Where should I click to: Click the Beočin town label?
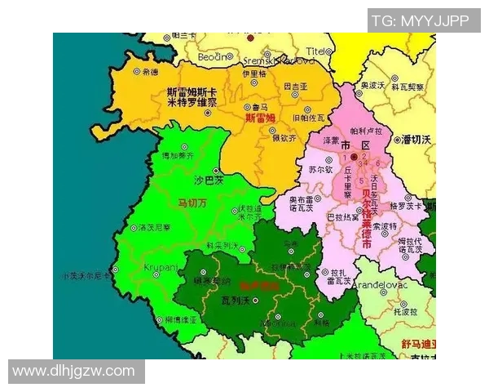212,56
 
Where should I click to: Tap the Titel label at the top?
315,51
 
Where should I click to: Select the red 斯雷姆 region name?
260,118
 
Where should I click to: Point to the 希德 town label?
150,72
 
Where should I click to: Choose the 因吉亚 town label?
294,86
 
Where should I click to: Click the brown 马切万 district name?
192,202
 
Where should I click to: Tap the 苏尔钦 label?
320,170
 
